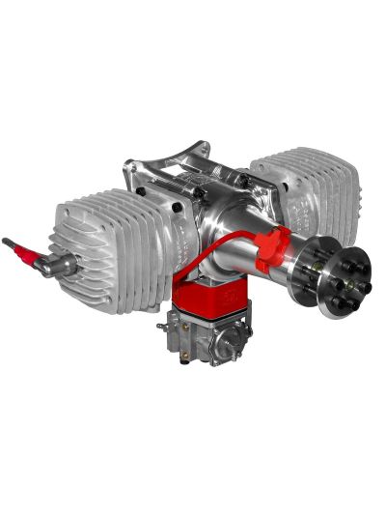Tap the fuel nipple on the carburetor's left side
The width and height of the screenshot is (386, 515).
click(161, 325)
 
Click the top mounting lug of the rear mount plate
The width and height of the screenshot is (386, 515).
click(199, 148)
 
